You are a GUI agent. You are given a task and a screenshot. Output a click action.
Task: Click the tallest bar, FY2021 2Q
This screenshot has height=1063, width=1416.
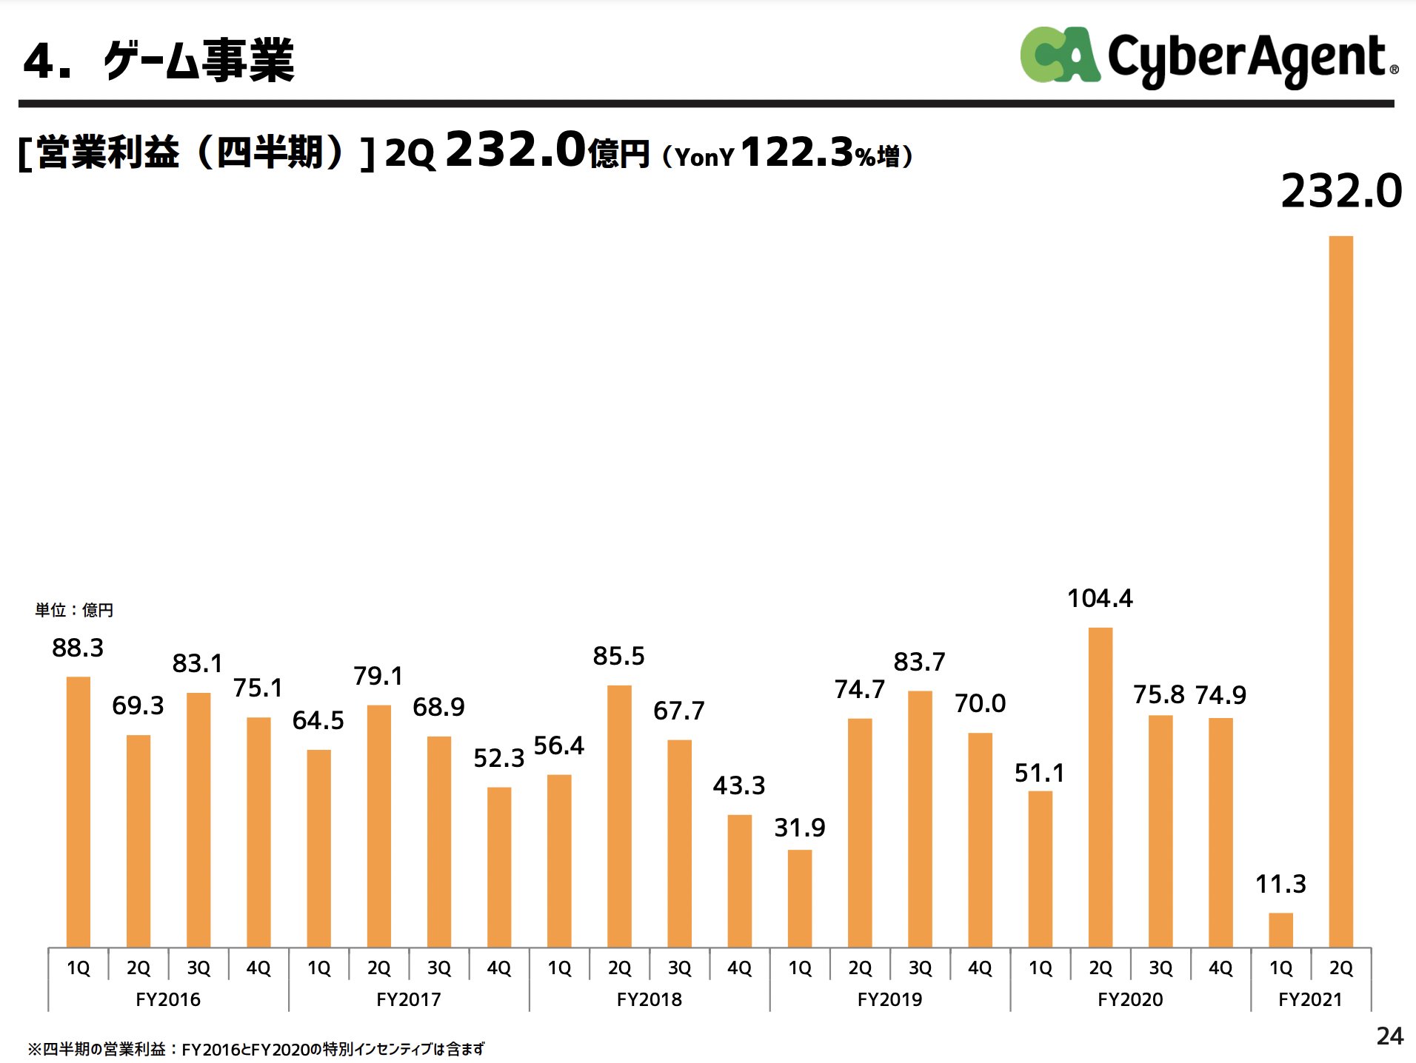tap(1340, 592)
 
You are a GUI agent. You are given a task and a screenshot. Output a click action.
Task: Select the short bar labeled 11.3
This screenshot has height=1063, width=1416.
tap(1280, 930)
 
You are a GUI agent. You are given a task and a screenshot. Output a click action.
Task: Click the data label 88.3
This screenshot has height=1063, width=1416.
tap(78, 648)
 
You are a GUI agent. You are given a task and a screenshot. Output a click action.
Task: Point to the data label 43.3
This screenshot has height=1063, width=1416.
tap(739, 785)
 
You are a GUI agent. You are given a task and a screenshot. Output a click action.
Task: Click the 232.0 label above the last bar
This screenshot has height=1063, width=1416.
tap(1341, 192)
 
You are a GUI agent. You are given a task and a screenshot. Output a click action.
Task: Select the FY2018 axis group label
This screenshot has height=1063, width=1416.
tap(649, 999)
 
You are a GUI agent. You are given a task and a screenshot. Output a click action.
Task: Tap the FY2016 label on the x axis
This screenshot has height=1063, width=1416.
tap(168, 999)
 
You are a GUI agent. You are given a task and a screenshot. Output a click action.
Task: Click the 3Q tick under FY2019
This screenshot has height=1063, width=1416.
tap(920, 968)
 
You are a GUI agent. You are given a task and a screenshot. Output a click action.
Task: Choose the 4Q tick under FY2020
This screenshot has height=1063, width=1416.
tap(1220, 968)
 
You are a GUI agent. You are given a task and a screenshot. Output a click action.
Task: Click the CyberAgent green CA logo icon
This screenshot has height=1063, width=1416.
tap(1059, 56)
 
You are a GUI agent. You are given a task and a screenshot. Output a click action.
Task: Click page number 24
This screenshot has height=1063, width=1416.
tap(1389, 1036)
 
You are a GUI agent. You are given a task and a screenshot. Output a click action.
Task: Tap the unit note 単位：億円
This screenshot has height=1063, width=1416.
tap(74, 610)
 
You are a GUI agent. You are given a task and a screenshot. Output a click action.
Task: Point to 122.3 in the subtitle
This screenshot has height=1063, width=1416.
tap(797, 152)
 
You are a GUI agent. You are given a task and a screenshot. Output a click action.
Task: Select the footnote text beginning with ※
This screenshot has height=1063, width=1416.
tap(256, 1049)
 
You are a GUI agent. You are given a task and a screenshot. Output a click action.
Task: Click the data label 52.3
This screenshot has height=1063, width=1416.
tap(498, 759)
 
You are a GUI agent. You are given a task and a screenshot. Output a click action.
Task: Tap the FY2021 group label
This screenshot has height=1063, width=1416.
tap(1310, 999)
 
